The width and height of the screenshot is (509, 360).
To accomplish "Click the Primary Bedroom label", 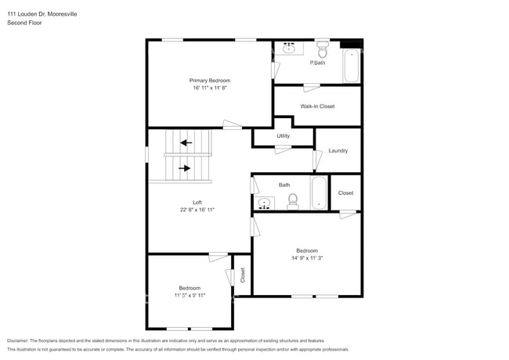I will tap(209, 81).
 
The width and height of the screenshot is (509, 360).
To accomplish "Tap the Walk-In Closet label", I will tap(317, 106).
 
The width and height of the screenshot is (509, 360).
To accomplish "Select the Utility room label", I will tap(283, 136).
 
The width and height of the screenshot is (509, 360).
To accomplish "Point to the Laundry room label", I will tap(338, 151).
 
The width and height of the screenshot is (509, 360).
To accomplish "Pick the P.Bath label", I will tap(317, 63).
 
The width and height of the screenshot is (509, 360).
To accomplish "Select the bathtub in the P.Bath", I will tap(351, 65).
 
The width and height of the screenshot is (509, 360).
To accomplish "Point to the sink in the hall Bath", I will tap(265, 203).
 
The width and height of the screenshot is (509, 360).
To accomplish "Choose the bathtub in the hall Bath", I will tap(319, 193).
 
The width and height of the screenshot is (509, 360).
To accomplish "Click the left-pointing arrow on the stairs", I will tap(186, 142).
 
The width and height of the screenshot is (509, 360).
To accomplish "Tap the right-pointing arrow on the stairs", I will tap(186, 167).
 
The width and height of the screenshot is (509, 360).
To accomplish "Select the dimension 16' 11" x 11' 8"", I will tap(209, 88).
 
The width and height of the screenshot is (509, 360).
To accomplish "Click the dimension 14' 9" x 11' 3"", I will tap(306, 258).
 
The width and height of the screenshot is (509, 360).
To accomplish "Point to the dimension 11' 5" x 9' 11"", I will tap(189, 296).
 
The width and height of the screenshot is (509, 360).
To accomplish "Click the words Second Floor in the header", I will tap(26, 23).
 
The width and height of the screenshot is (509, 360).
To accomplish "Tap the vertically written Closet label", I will tap(243, 275).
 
